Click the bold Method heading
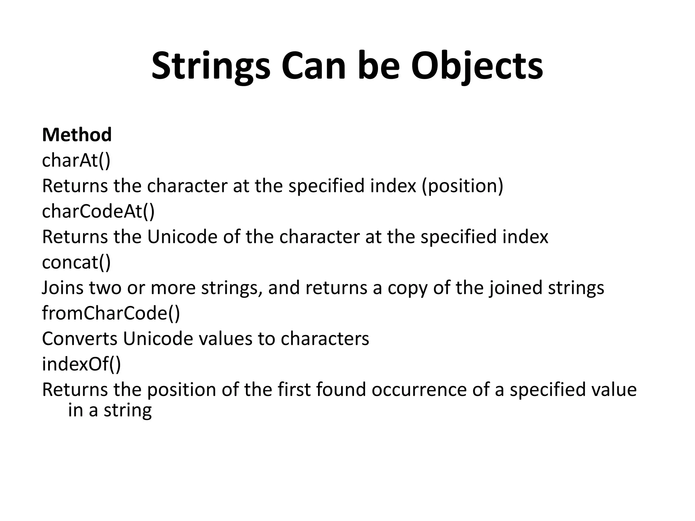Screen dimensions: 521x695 [x=77, y=135]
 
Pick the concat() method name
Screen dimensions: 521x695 [x=76, y=262]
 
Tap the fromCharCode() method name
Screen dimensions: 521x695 [x=111, y=313]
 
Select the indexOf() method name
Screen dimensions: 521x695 [x=81, y=364]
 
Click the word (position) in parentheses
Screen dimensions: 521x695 [x=463, y=186]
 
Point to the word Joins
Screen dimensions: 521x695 [x=63, y=288]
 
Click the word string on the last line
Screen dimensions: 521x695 [x=128, y=410]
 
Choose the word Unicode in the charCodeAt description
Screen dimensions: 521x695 [x=183, y=237]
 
